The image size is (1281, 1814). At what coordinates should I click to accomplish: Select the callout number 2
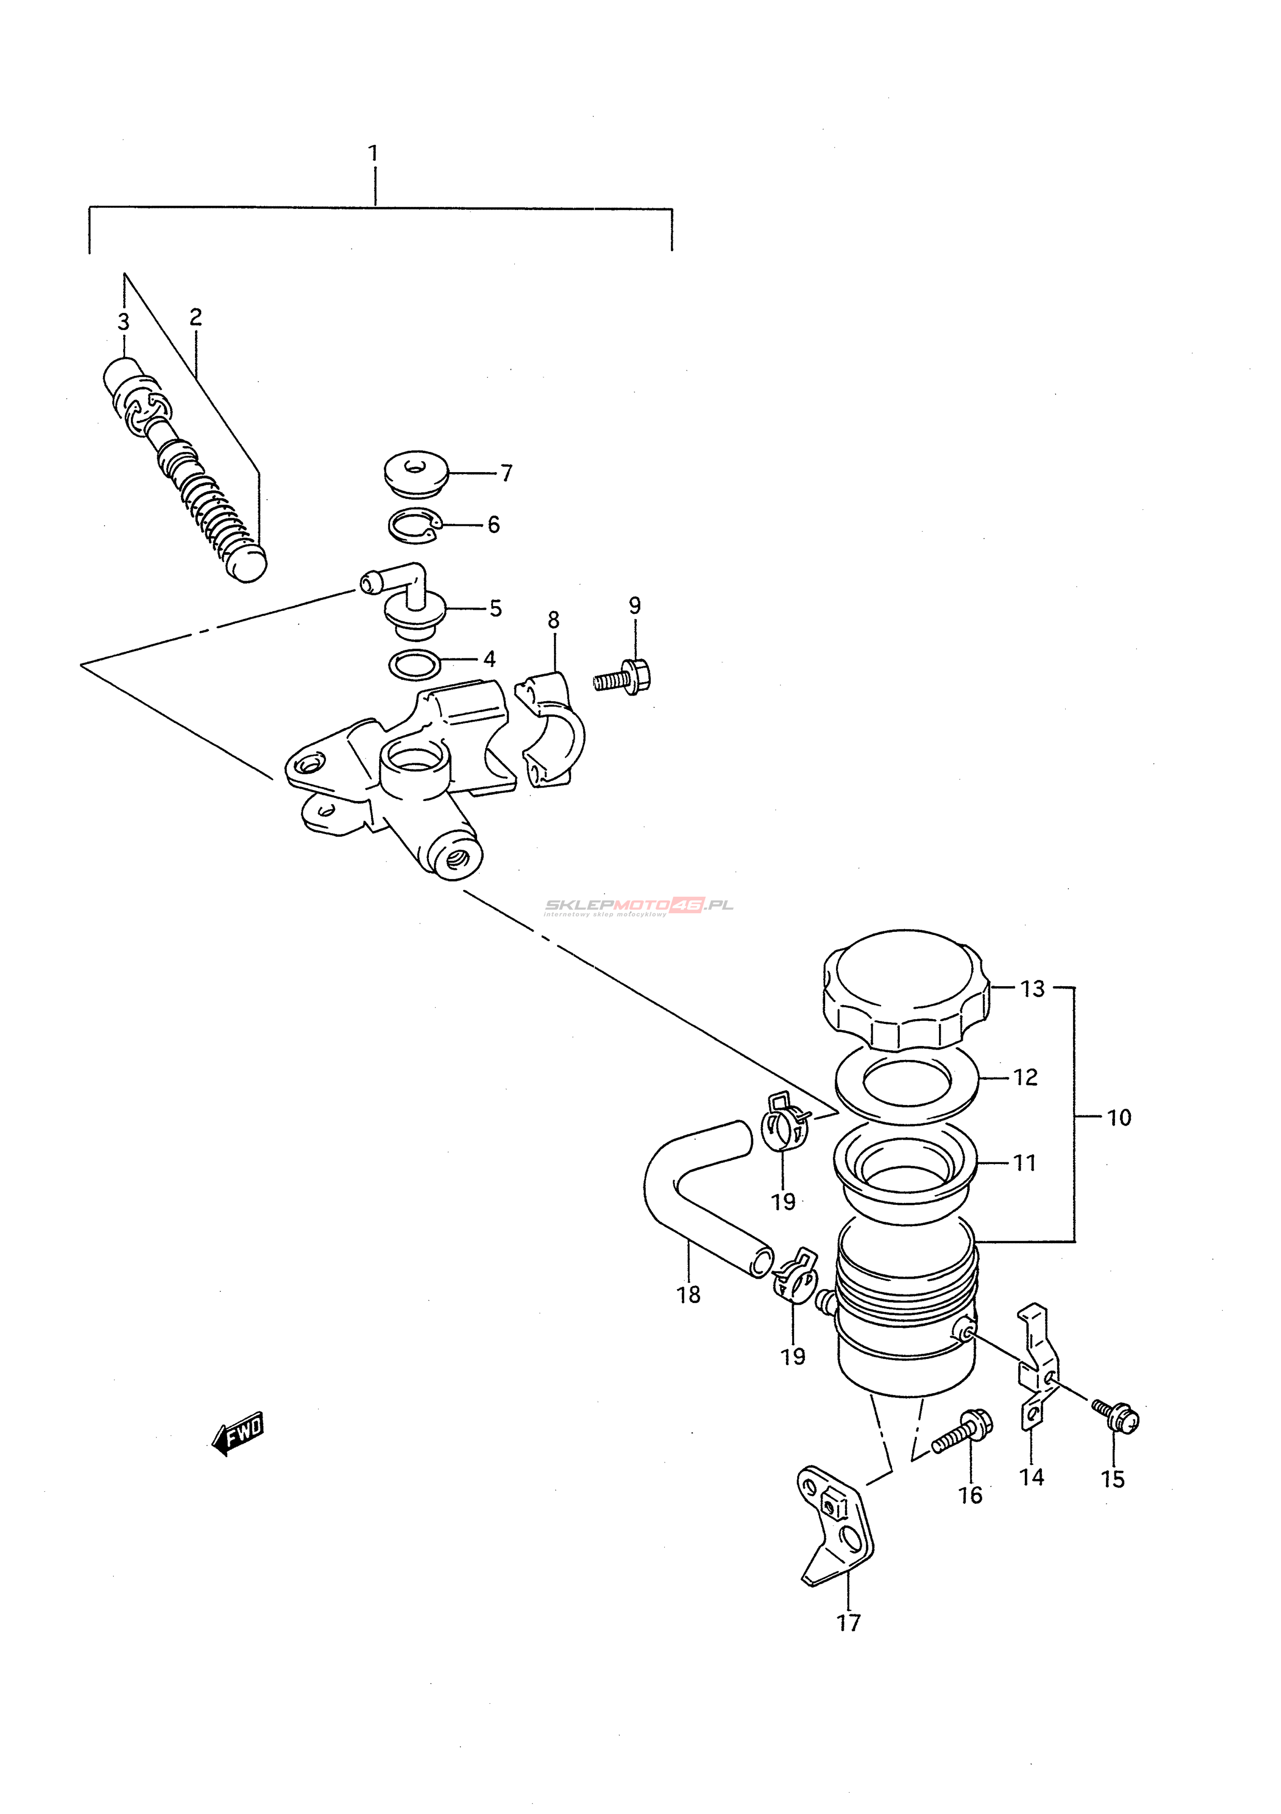pyautogui.click(x=196, y=317)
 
